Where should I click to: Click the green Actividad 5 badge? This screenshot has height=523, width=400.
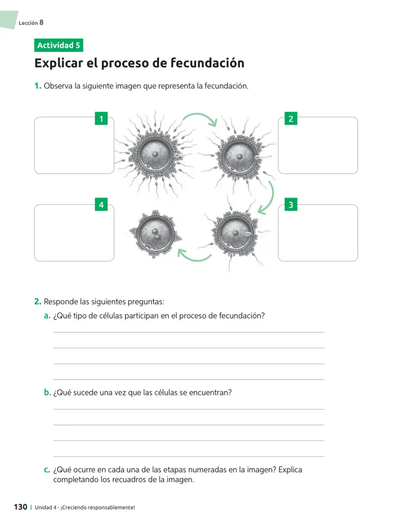coord(59,45)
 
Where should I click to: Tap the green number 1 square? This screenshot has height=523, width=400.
coord(101,118)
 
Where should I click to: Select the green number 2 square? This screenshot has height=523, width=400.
coord(291,118)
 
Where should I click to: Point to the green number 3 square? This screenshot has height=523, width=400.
coord(291,204)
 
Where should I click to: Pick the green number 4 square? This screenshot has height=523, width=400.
coord(101,204)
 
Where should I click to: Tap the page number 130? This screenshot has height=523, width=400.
coord(21,507)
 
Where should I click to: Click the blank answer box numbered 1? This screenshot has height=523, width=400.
coord(74,145)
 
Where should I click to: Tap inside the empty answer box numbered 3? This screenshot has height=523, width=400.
coord(318,233)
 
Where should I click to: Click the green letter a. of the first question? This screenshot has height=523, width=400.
coord(47,316)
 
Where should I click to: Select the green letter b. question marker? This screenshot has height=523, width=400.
coord(48,392)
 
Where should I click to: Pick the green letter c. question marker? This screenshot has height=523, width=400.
coord(47,470)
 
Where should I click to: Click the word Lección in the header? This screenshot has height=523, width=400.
coord(28,23)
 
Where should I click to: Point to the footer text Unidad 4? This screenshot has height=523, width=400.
coord(46,507)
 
